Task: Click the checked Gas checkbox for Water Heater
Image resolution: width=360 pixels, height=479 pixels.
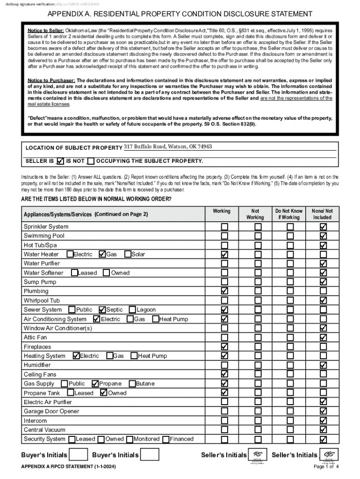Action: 102,254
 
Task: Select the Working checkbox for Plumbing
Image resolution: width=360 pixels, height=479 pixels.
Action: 224,291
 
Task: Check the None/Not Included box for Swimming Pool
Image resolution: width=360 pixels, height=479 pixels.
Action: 323,236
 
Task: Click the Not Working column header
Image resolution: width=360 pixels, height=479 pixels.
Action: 255,214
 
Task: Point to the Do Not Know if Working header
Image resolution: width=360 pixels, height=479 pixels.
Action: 288,214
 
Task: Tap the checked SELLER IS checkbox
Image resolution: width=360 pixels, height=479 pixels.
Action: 59,161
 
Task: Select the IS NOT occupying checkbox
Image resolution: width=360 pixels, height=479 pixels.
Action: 91,161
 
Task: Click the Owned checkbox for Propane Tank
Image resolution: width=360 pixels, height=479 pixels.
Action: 104,393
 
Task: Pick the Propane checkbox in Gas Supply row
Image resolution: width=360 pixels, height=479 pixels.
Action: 95,384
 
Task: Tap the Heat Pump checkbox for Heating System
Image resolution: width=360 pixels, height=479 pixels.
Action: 134,356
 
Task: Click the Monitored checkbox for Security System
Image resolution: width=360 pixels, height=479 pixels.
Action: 130,439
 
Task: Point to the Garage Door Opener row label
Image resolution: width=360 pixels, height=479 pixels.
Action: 51,411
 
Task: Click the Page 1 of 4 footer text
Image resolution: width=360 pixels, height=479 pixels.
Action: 326,467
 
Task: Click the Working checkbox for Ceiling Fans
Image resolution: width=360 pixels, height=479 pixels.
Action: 224,374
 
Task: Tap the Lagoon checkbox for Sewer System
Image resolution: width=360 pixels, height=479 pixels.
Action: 132,310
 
